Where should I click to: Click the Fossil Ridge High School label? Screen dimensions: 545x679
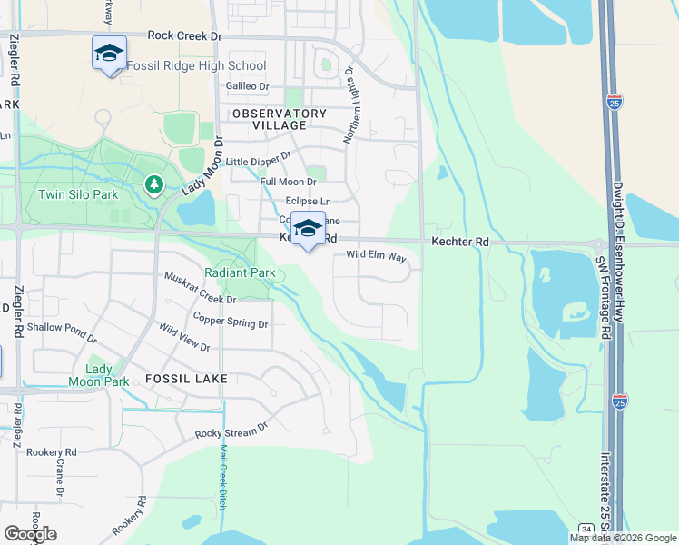click(x=196, y=65)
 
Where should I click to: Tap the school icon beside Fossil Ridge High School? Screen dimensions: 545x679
click(x=109, y=53)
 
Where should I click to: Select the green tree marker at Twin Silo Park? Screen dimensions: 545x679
click(x=154, y=185)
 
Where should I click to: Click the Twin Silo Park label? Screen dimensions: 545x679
click(x=78, y=194)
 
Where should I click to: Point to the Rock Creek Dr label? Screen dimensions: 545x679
click(x=184, y=35)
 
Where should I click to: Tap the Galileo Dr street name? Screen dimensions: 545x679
click(x=247, y=86)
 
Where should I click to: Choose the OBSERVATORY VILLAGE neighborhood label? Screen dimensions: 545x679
click(x=278, y=119)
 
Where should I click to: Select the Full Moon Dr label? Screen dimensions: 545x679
click(x=287, y=182)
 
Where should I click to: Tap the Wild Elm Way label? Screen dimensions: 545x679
click(x=376, y=256)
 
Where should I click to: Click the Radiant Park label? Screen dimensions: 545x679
click(x=240, y=272)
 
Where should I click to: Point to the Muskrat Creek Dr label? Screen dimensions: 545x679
click(x=200, y=287)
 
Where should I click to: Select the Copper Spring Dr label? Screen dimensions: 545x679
click(x=231, y=320)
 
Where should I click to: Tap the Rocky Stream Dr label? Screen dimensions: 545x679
click(x=232, y=429)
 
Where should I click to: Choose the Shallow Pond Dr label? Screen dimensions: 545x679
click(x=62, y=332)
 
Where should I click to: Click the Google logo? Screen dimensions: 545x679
click(x=30, y=534)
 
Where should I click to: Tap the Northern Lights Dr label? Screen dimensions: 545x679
click(x=350, y=104)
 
